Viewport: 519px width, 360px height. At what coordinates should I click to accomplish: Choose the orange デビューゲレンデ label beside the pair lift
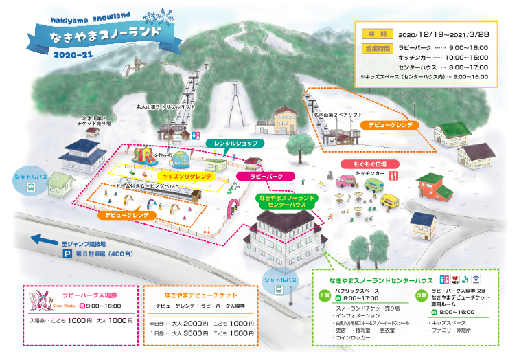coord(390,126)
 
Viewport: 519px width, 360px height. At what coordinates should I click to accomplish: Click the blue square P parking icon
coord(67,254)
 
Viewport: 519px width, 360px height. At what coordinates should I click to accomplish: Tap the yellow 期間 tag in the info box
coord(376,33)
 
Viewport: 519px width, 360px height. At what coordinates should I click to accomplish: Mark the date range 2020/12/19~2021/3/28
coord(443,33)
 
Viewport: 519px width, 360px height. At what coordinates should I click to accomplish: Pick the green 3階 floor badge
coord(420,295)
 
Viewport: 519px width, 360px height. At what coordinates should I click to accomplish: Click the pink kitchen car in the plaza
coord(345,182)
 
